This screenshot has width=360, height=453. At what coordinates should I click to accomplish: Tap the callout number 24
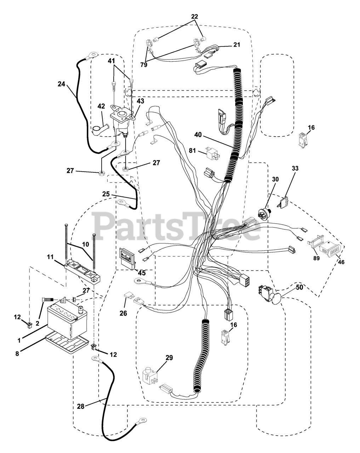[x=62, y=84]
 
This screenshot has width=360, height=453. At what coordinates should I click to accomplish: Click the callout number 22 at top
[x=195, y=16]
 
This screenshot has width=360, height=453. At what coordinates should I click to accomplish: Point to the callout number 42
[x=101, y=107]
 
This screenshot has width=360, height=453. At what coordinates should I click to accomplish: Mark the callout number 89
[x=316, y=258]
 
